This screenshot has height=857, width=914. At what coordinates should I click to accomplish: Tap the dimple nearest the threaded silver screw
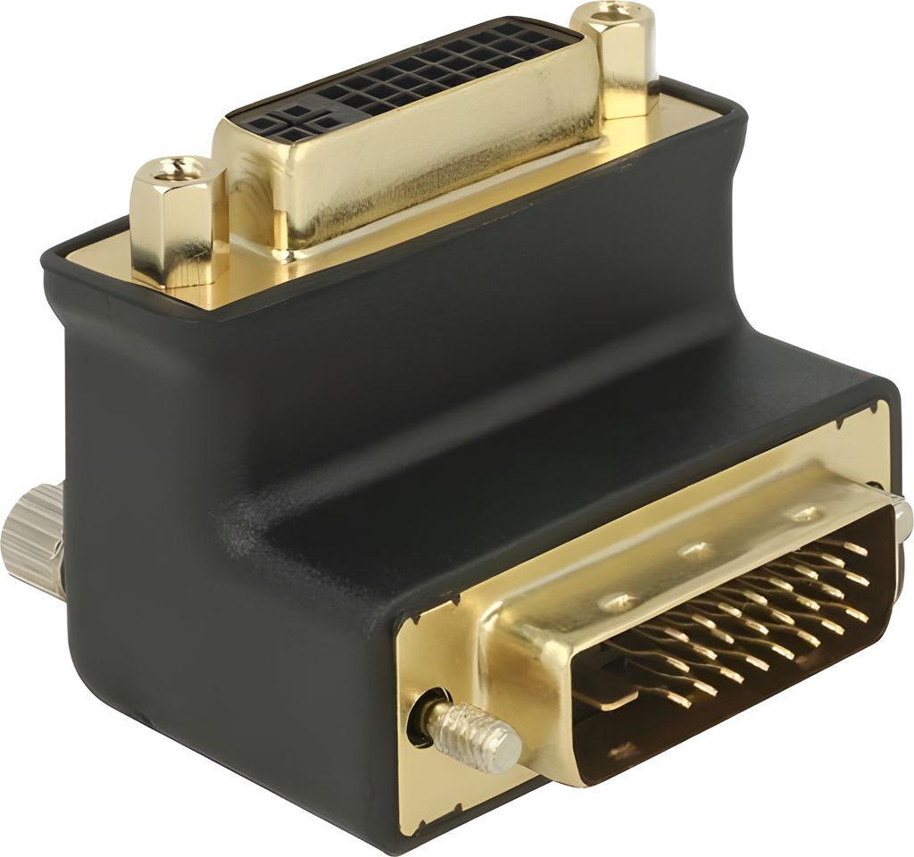pos(616,601)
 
